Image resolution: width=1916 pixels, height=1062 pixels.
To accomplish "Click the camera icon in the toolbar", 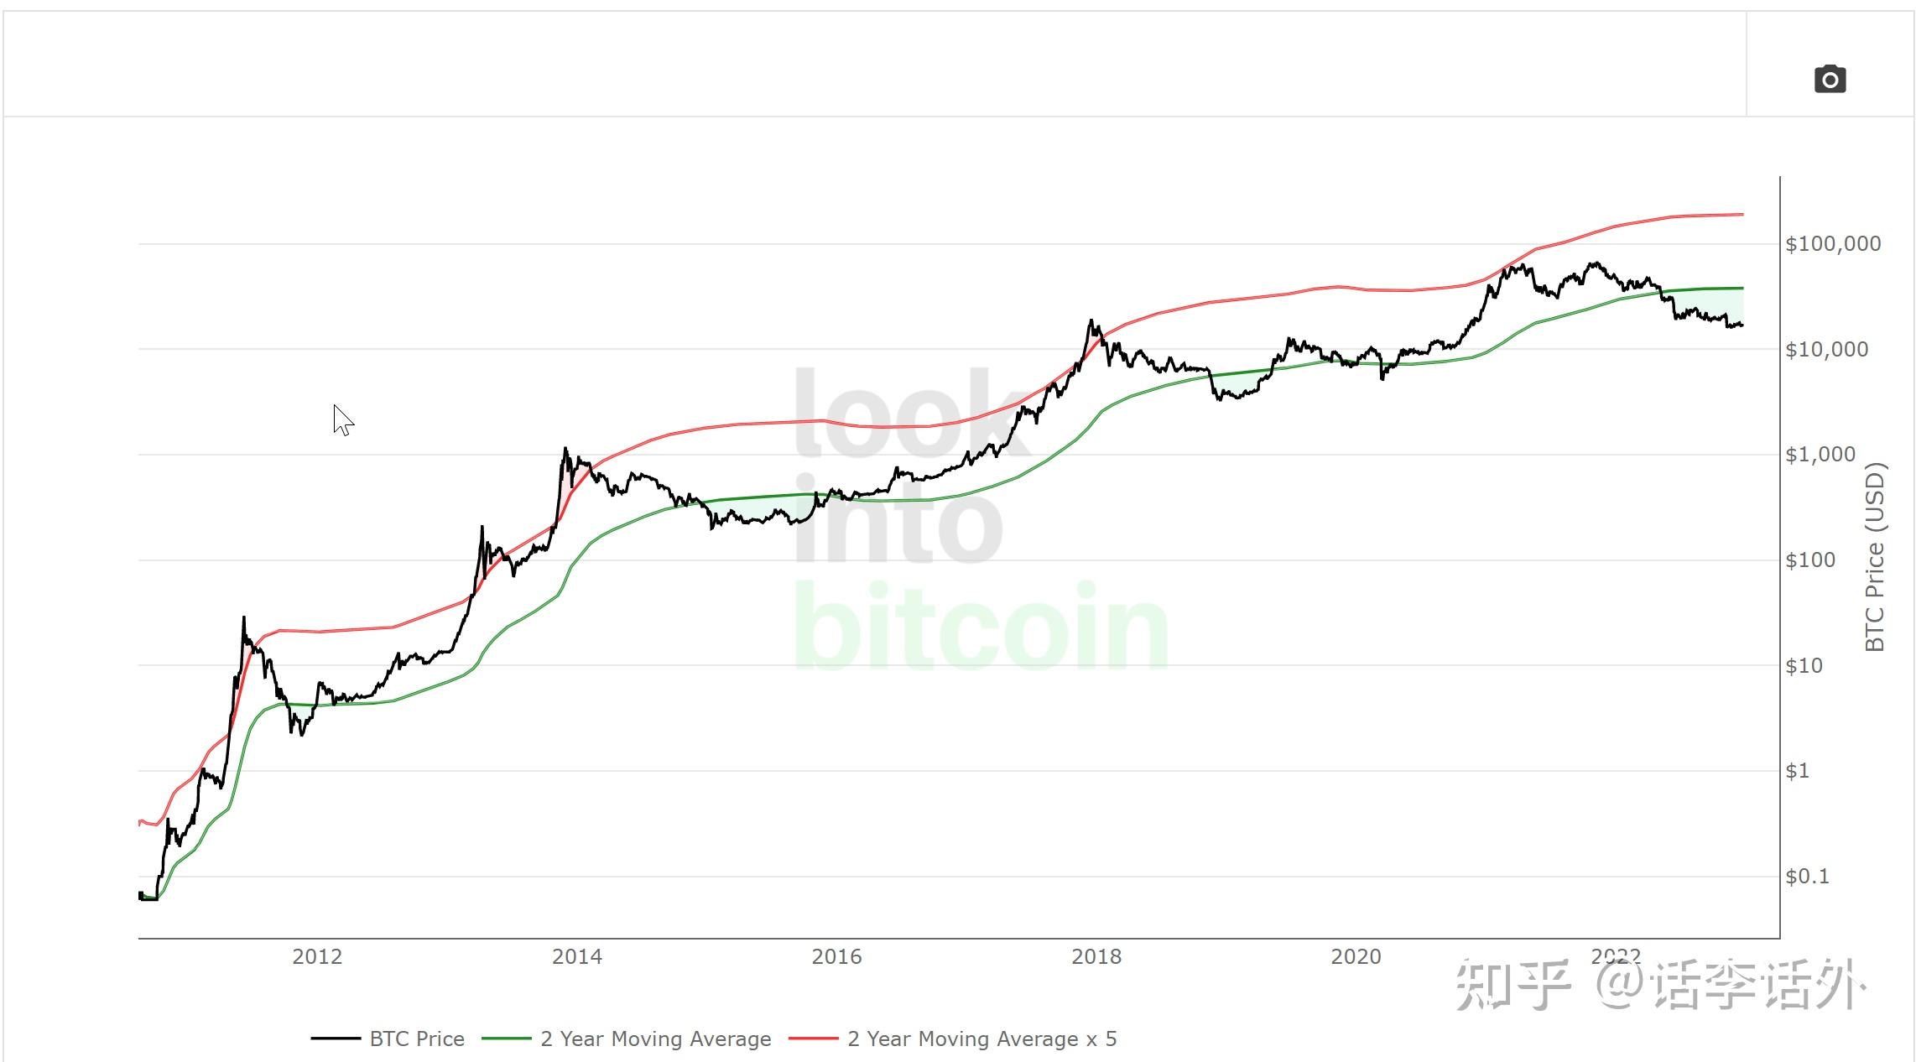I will pos(1830,80).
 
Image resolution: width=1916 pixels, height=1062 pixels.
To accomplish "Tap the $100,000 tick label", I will pos(1833,244).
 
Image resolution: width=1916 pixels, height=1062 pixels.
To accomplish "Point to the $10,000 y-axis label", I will pos(1826,350).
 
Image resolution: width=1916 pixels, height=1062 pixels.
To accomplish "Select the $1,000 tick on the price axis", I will pos(1820,455).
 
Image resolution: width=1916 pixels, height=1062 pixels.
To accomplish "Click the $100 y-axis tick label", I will pos(1810,560).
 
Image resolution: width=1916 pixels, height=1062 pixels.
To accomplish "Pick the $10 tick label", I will pos(1804,666).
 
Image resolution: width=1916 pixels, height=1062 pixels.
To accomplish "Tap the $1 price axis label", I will pos(1797,771).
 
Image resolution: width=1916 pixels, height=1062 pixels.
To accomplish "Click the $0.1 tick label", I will pos(1806,877).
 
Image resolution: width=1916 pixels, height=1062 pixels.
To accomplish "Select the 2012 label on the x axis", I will pos(317,957).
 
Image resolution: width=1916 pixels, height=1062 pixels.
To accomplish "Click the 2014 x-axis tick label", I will pos(576,957).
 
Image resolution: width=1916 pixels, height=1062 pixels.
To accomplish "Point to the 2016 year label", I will pos(836,957).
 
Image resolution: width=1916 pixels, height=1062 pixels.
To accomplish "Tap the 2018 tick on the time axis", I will pos(1096,957).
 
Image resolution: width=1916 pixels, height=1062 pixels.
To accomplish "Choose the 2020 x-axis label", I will pos(1356,957).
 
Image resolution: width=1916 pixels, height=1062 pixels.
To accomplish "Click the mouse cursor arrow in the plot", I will pos(341,419).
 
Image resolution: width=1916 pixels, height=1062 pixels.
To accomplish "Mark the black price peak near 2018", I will pos(1091,320).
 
